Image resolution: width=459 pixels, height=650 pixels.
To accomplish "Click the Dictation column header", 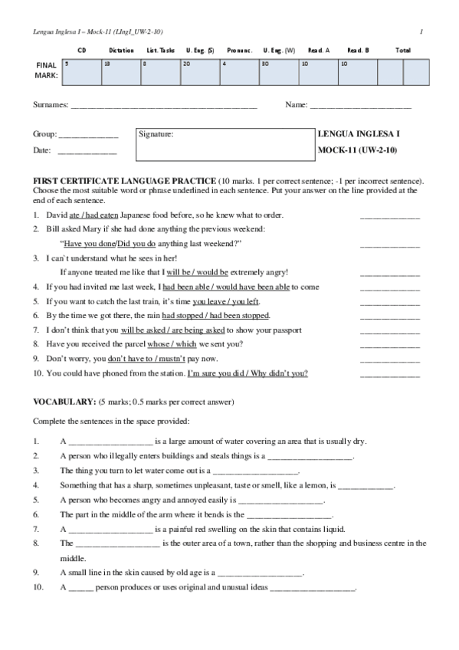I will coord(121,51).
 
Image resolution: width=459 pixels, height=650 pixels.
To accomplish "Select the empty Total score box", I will coord(415,72).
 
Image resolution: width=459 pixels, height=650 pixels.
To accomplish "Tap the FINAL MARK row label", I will coord(46,71).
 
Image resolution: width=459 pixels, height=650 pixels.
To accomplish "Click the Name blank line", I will coord(360,105).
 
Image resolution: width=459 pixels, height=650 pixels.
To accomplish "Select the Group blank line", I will coord(88,136).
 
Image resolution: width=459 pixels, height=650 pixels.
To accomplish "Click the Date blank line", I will coord(87,152).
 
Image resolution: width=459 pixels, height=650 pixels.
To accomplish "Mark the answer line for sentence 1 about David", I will coord(389,218).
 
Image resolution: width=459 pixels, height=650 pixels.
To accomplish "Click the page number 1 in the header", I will coord(422,31).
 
